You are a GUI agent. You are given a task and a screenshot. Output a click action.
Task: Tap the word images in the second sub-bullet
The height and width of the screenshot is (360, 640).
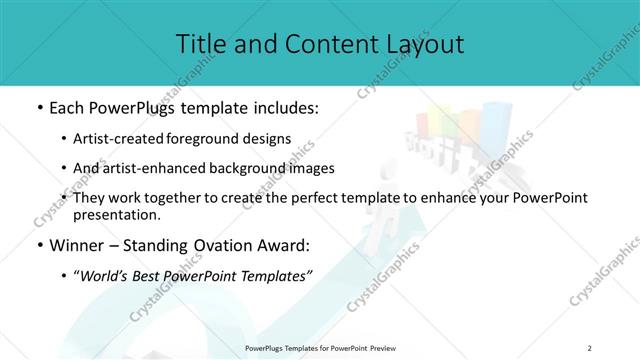click(x=312, y=168)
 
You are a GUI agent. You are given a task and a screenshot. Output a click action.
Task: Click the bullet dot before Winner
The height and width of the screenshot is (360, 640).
click(x=38, y=245)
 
